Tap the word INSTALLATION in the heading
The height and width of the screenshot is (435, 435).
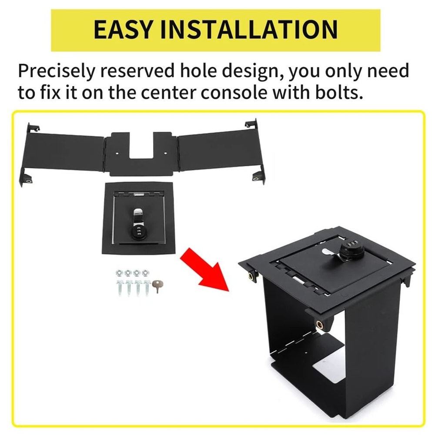[x=250, y=29]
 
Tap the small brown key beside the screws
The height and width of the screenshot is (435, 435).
[x=156, y=285]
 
